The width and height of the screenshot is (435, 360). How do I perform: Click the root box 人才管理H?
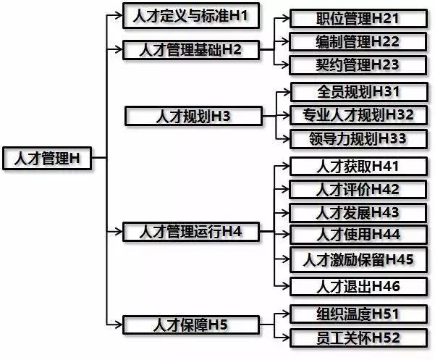pyautogui.click(x=47, y=158)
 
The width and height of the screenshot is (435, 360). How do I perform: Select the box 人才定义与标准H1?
pyautogui.click(x=191, y=15)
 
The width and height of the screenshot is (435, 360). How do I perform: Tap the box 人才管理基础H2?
pyautogui.click(x=191, y=50)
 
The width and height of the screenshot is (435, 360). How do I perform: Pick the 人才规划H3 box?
pyautogui.click(x=193, y=116)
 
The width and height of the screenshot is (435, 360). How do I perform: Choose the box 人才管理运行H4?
pyautogui.click(x=191, y=232)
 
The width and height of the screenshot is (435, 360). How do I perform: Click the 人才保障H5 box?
pyautogui.click(x=191, y=325)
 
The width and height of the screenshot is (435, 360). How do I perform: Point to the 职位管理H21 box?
pyautogui.click(x=358, y=19)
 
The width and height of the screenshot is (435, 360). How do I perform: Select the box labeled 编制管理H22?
pyautogui.click(x=358, y=41)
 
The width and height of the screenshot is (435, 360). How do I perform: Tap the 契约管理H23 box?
pyautogui.click(x=358, y=65)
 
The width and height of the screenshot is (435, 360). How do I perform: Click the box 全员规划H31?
pyautogui.click(x=359, y=91)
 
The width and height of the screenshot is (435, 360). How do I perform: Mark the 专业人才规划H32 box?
pyautogui.click(x=358, y=115)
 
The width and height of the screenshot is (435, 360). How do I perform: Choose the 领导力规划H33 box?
pyautogui.click(x=358, y=139)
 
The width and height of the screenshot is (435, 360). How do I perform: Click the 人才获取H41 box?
pyautogui.click(x=358, y=167)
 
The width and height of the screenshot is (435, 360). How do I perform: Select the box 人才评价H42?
pyautogui.click(x=358, y=189)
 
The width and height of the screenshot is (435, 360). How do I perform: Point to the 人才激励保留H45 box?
pyautogui.click(x=358, y=260)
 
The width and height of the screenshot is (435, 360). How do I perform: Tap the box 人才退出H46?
pyautogui.click(x=358, y=286)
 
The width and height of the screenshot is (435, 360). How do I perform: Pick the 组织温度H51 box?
pyautogui.click(x=358, y=314)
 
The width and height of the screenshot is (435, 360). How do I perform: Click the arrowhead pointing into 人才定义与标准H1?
pyautogui.click(x=119, y=15)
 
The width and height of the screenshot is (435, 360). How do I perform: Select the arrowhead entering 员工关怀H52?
pyautogui.click(x=286, y=338)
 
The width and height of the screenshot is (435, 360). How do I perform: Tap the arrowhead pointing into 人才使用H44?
pyautogui.click(x=286, y=235)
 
